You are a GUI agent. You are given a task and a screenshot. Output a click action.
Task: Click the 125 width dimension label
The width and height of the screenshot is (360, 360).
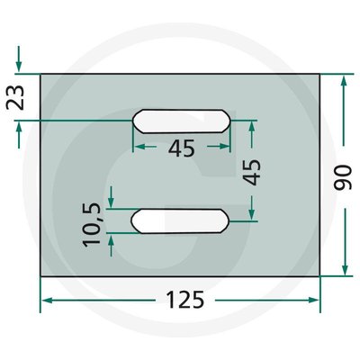[185, 300]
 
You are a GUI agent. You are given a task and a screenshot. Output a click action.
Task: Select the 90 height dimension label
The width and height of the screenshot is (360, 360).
[343, 177]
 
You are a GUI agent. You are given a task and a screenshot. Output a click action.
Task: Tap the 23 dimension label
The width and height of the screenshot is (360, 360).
[15, 98]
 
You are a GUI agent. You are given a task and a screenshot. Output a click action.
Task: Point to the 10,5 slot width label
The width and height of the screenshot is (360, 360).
[92, 225]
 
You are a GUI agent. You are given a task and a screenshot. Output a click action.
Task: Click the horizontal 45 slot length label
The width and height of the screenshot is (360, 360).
[182, 148]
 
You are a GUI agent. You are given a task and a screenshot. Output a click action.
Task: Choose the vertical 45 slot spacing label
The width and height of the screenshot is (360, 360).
[251, 172]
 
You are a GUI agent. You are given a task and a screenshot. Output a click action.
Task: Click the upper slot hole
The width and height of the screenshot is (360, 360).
[182, 121]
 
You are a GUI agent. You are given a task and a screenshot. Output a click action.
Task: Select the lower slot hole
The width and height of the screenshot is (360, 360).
[181, 221]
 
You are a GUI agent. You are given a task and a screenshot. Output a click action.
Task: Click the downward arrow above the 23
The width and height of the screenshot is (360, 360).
[19, 58]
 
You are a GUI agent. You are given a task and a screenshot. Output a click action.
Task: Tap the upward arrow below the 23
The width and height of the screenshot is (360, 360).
[19, 135]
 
